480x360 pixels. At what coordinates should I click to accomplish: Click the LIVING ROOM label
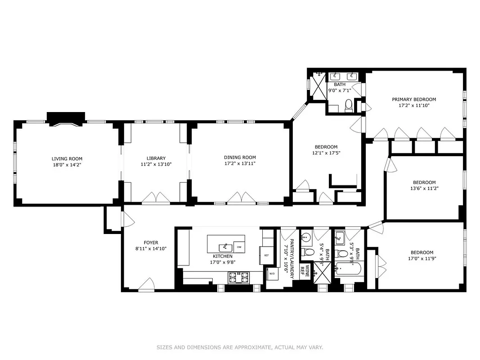pyautogui.click(x=67, y=158)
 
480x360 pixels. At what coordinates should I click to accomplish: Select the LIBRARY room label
pyautogui.click(x=156, y=158)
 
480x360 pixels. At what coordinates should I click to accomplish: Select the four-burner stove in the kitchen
pyautogui.click(x=239, y=278)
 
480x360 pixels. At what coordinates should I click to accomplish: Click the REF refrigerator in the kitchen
pyautogui.click(x=266, y=255)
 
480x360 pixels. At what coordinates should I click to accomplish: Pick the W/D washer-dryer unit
pyautogui.click(x=271, y=273)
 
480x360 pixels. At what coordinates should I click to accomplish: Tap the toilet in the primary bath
pyautogui.click(x=348, y=105)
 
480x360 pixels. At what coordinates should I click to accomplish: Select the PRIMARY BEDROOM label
pyautogui.click(x=413, y=99)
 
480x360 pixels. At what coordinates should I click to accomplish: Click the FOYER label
pyautogui.click(x=151, y=243)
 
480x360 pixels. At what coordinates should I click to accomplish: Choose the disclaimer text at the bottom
pyautogui.click(x=240, y=347)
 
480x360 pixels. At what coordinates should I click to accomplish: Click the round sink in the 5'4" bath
pyautogui.click(x=307, y=237)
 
